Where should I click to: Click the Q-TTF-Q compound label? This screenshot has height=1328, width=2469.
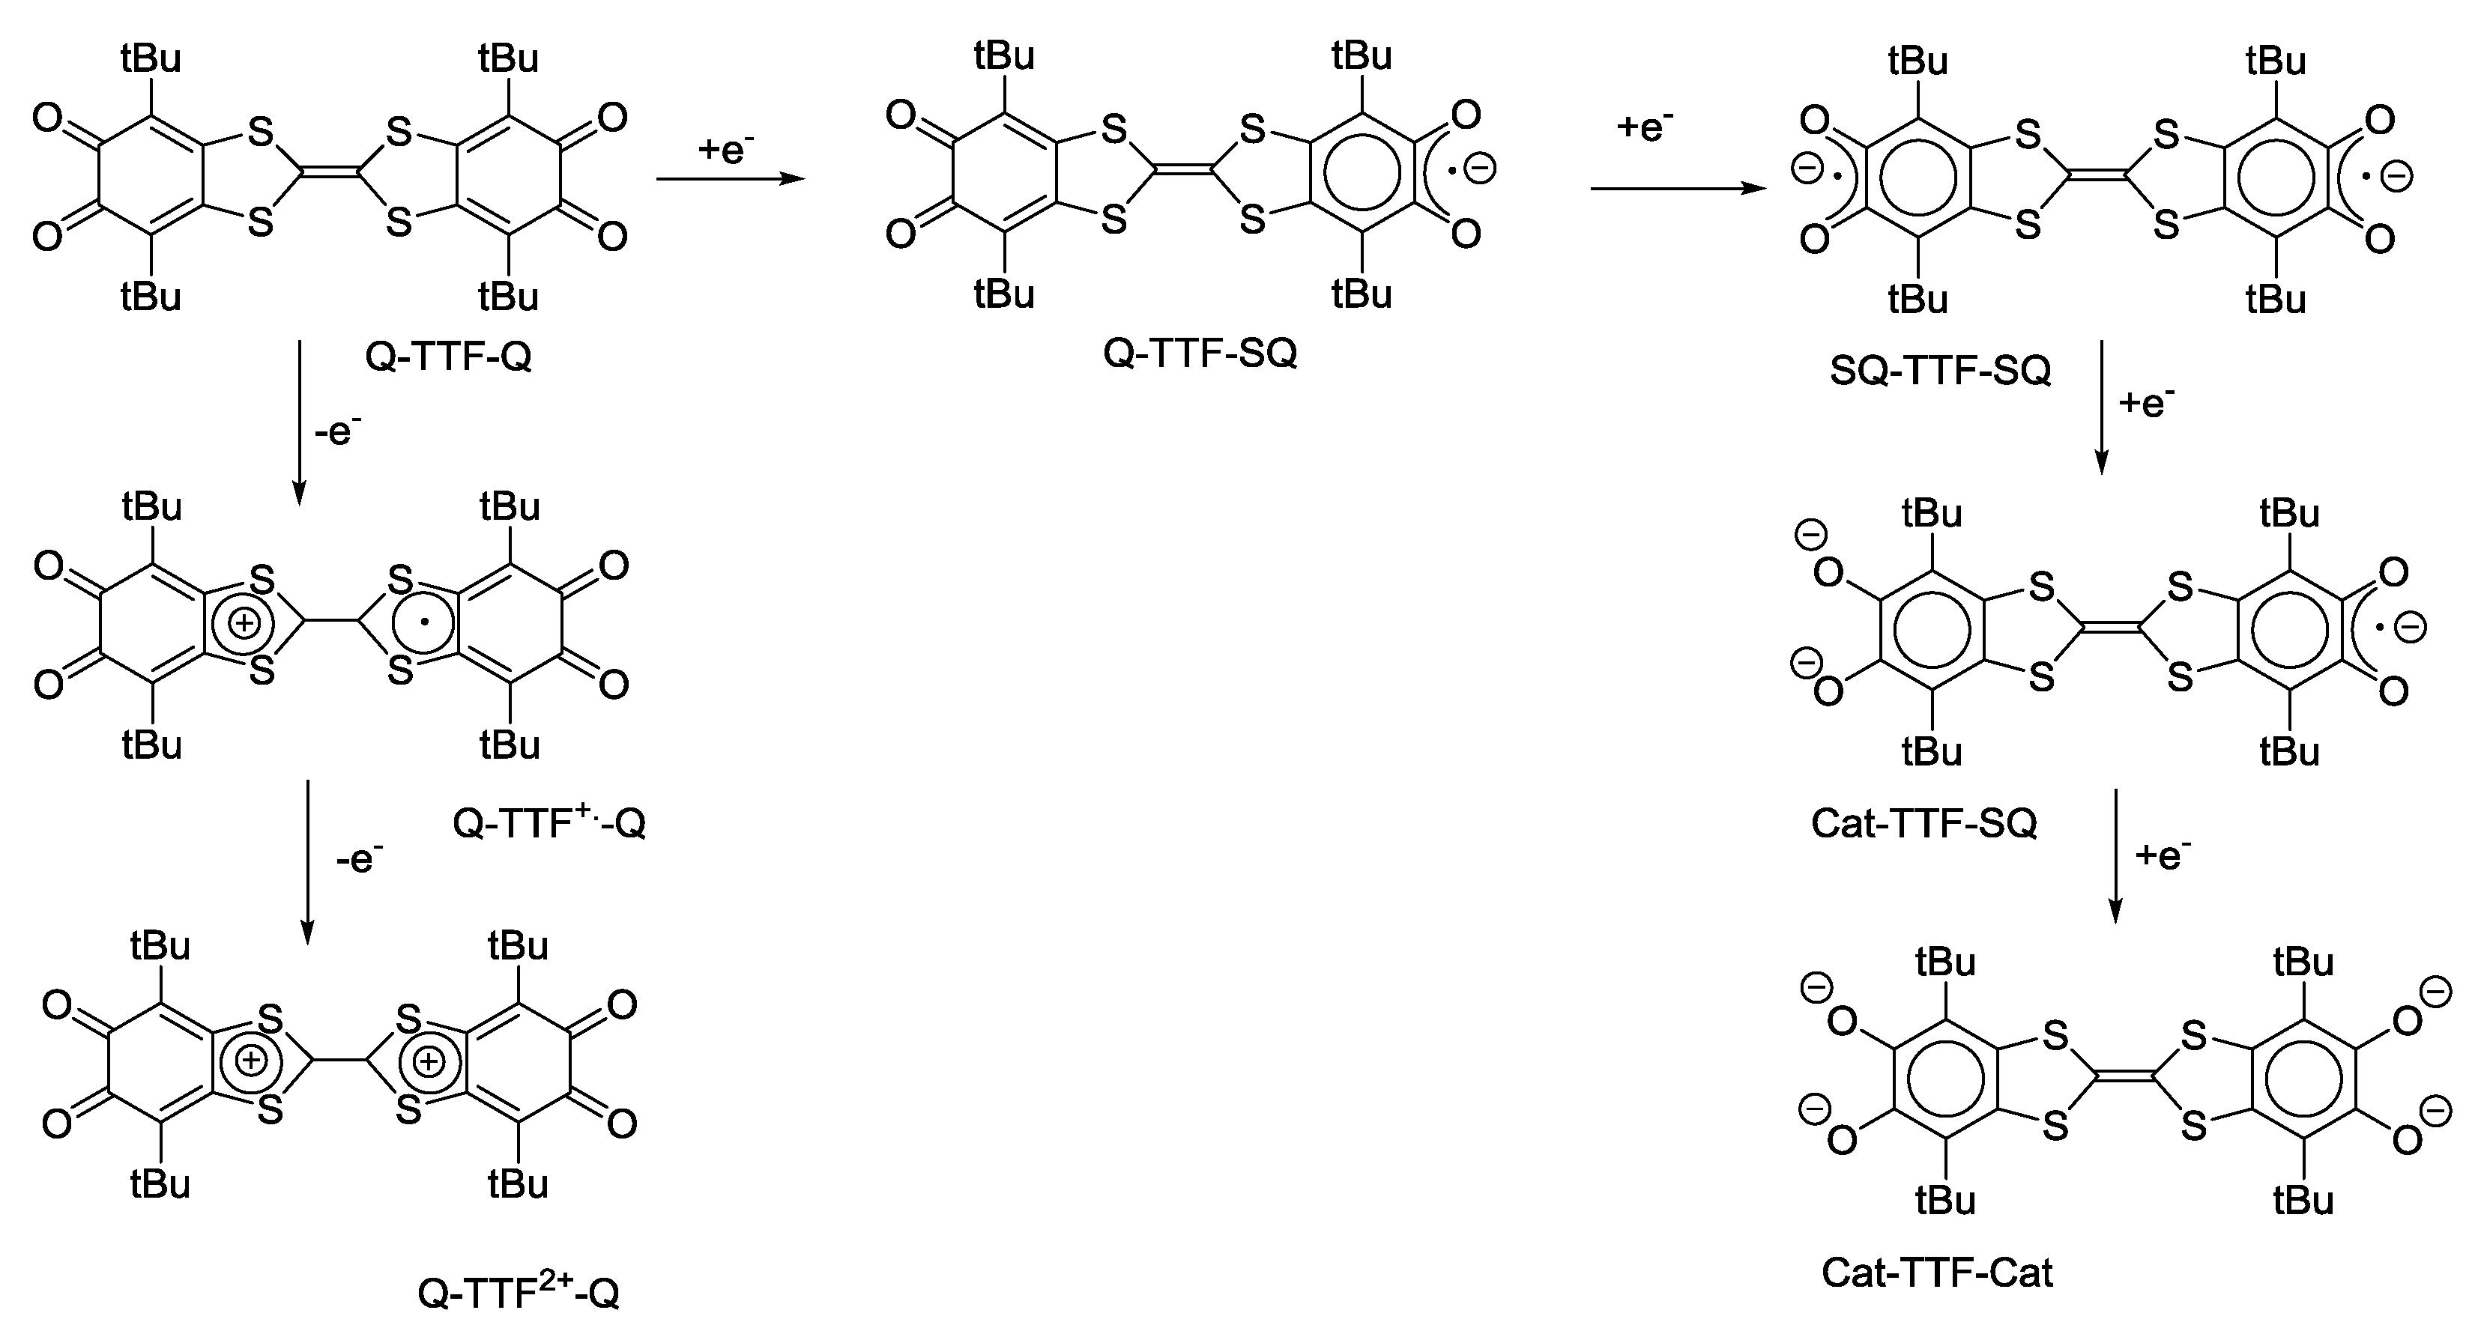(447, 357)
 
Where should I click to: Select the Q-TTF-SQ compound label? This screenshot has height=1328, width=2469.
(1200, 354)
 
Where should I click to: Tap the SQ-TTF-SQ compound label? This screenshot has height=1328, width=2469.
(1940, 370)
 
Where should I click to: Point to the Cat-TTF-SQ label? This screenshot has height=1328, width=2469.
(1923, 823)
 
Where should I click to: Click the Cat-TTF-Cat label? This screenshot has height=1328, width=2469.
(1937, 1273)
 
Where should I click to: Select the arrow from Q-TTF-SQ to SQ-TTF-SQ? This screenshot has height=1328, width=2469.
(1677, 189)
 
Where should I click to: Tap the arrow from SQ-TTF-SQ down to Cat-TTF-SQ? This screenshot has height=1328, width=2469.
(2101, 407)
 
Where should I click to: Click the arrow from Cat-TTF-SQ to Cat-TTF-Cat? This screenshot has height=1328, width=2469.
(2115, 855)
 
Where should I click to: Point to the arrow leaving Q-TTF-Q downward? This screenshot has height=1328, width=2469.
(299, 422)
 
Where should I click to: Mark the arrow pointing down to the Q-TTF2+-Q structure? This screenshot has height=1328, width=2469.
(306, 861)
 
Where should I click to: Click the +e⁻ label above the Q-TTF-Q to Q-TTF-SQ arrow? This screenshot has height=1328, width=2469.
(725, 148)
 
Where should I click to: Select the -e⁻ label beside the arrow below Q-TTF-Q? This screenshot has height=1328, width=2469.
(337, 432)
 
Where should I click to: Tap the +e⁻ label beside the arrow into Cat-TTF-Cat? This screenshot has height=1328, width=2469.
(2163, 854)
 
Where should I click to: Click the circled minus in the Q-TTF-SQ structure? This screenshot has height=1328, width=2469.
(1480, 169)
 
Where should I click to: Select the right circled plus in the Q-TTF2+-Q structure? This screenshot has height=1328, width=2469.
(429, 1061)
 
